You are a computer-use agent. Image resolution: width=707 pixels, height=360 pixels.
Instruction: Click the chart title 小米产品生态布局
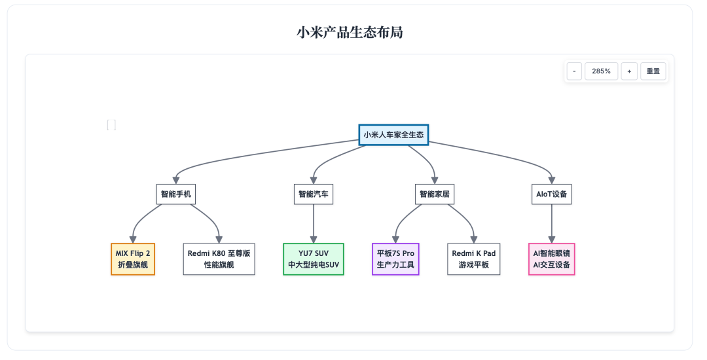coord(350,33)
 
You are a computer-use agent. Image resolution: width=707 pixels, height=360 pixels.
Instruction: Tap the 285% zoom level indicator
coord(601,71)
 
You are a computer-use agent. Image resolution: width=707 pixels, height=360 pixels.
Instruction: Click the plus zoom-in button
coord(629,71)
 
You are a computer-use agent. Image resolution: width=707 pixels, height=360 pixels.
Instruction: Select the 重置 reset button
coord(653,71)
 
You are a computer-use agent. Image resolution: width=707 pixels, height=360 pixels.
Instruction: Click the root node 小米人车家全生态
coord(393,135)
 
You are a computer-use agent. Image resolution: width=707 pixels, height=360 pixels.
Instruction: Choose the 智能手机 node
coord(176,194)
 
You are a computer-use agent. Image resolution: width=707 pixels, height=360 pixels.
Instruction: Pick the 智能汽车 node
coord(314,194)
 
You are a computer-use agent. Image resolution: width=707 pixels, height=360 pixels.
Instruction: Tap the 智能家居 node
coord(434,194)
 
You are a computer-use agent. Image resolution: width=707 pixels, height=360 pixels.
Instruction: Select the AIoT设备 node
coord(551,194)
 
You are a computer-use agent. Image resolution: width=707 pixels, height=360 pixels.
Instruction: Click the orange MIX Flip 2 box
coord(133,259)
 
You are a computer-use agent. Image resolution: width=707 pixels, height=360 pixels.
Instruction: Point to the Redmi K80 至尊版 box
coord(219,259)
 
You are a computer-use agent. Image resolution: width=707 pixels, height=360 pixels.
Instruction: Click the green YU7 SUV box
coord(314,259)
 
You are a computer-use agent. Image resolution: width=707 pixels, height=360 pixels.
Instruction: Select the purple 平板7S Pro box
coord(395,259)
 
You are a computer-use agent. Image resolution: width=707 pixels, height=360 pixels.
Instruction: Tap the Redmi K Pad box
coord(474,259)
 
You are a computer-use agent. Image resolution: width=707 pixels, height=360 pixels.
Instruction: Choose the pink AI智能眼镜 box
coord(551,259)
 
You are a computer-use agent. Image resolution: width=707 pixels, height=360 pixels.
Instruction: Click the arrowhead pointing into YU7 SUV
coord(314,240)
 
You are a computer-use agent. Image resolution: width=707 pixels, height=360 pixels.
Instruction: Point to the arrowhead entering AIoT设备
coord(551,180)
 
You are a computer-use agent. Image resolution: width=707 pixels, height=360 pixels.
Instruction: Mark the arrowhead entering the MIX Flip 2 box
coord(133,240)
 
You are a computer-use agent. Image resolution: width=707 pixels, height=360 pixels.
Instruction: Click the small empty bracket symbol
coord(111,125)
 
